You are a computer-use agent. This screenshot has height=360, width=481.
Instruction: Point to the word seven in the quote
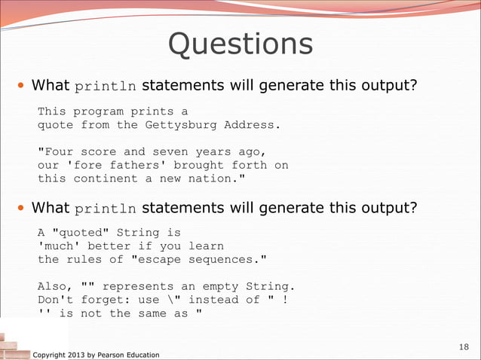click(173, 151)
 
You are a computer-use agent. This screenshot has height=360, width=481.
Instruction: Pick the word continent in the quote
click(124, 178)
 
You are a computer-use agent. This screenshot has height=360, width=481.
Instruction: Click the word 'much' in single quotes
click(60, 246)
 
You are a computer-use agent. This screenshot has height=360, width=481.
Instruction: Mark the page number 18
click(464, 346)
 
